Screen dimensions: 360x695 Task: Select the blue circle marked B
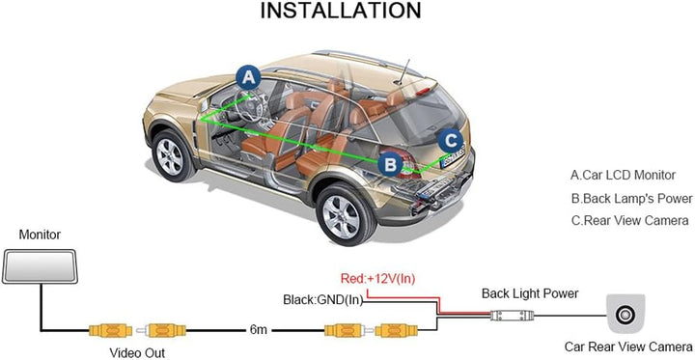(x=390, y=163)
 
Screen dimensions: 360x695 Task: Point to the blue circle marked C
(x=449, y=140)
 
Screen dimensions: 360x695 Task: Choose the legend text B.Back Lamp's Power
(x=632, y=199)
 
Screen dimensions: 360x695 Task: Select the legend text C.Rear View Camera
(x=629, y=221)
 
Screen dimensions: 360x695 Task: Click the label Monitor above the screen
(x=40, y=235)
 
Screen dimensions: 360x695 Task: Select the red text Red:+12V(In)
(x=377, y=279)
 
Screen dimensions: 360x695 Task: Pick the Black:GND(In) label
(x=323, y=299)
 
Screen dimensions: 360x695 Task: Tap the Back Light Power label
(x=530, y=293)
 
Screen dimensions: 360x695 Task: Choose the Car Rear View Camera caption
(x=628, y=346)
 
